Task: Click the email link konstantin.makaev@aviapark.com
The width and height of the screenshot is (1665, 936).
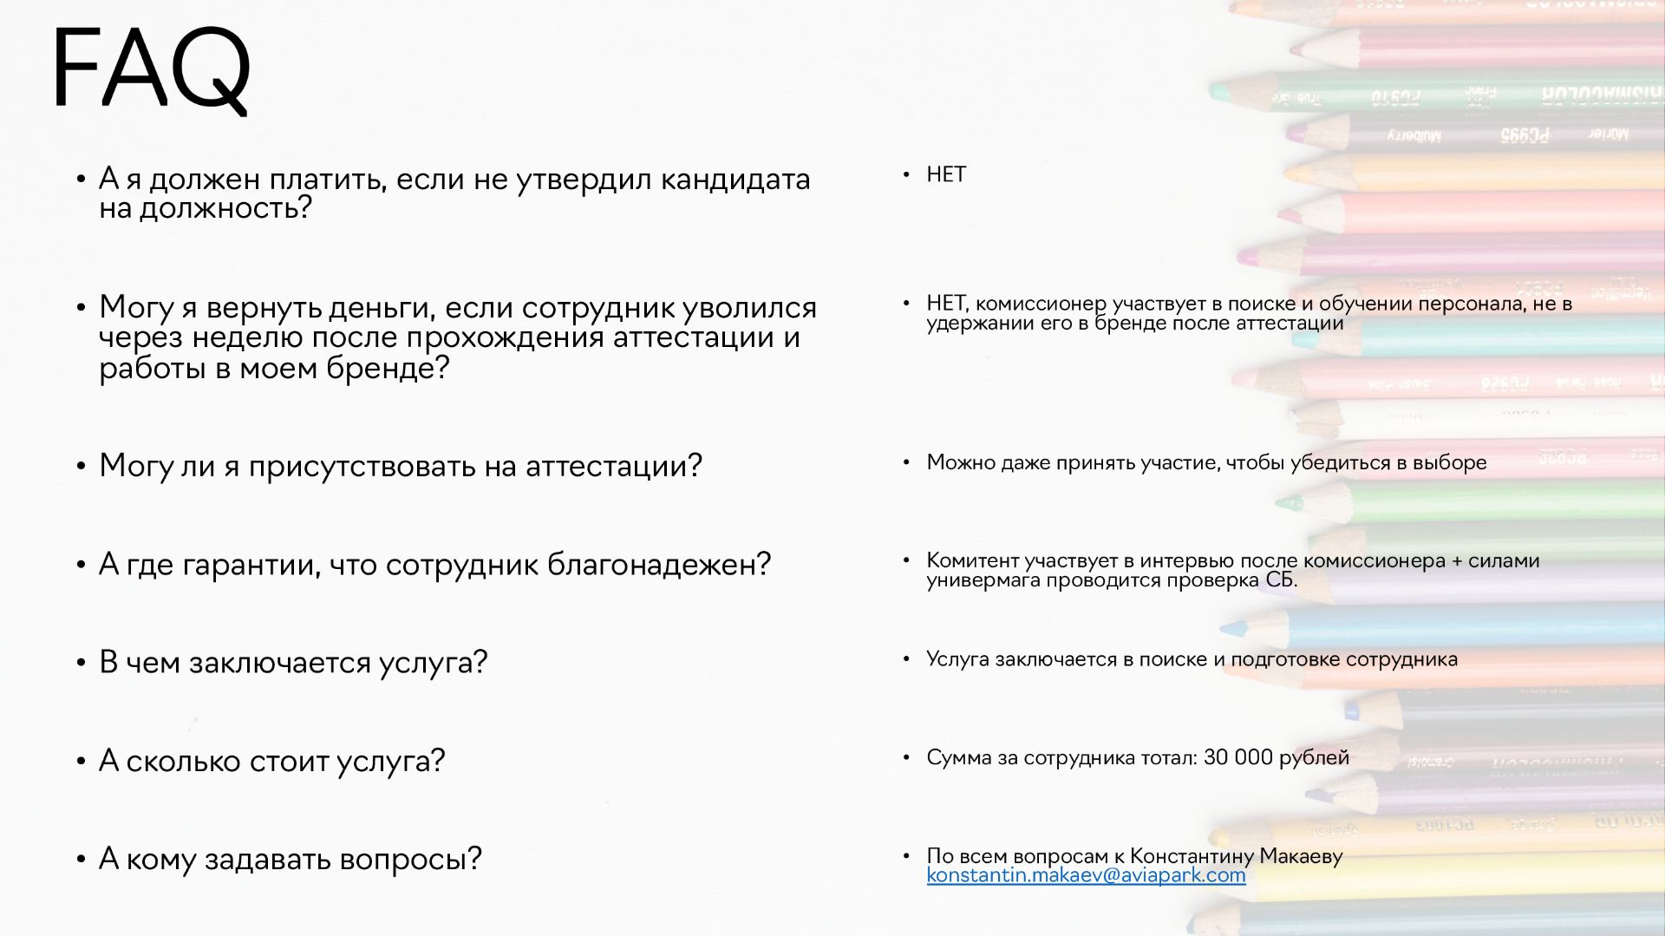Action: point(1086,875)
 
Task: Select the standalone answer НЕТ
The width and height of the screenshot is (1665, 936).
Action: point(946,174)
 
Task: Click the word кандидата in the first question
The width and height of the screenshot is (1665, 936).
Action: point(735,179)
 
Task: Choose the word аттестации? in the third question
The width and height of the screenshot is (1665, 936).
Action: point(614,466)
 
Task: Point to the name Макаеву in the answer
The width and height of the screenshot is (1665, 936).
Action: point(1301,856)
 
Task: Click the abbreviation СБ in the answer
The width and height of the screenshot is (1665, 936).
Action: point(1279,579)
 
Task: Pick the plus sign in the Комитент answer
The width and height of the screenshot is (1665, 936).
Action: point(1457,561)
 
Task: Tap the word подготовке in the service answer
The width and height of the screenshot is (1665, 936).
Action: point(1284,659)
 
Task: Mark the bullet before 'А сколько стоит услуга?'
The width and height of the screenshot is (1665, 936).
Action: point(81,762)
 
